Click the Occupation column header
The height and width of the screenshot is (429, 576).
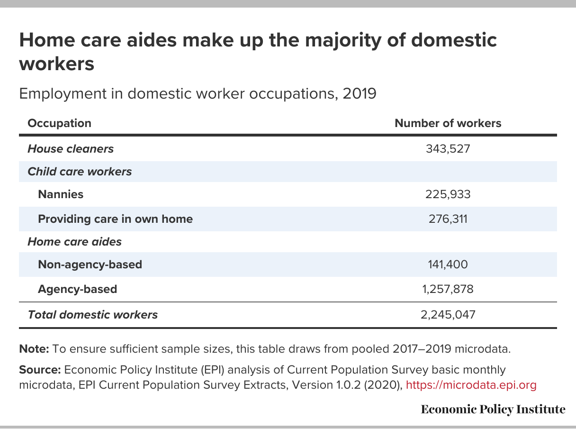[59, 123]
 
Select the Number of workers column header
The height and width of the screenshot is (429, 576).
[448, 123]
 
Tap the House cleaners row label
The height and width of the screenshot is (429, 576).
[71, 149]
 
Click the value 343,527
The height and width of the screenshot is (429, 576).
[448, 149]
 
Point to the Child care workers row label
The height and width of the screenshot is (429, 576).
[80, 172]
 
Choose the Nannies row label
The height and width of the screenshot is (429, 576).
[61, 194]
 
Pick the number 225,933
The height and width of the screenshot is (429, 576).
[448, 194]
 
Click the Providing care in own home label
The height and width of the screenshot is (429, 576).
[115, 219]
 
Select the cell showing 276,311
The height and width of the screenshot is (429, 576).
[448, 219]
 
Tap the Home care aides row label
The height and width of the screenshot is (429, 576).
[74, 242]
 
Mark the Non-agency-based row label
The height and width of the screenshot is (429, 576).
[90, 265]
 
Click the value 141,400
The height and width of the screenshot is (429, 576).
[448, 265]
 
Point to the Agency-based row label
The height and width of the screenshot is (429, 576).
[77, 289]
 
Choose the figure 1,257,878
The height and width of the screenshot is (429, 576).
[448, 289]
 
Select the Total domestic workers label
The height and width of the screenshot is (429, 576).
[93, 314]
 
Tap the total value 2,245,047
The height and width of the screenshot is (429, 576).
[448, 314]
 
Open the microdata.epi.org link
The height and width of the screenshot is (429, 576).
[471, 385]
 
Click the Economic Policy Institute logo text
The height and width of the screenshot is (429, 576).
[493, 410]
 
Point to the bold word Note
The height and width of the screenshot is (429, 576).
[34, 349]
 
